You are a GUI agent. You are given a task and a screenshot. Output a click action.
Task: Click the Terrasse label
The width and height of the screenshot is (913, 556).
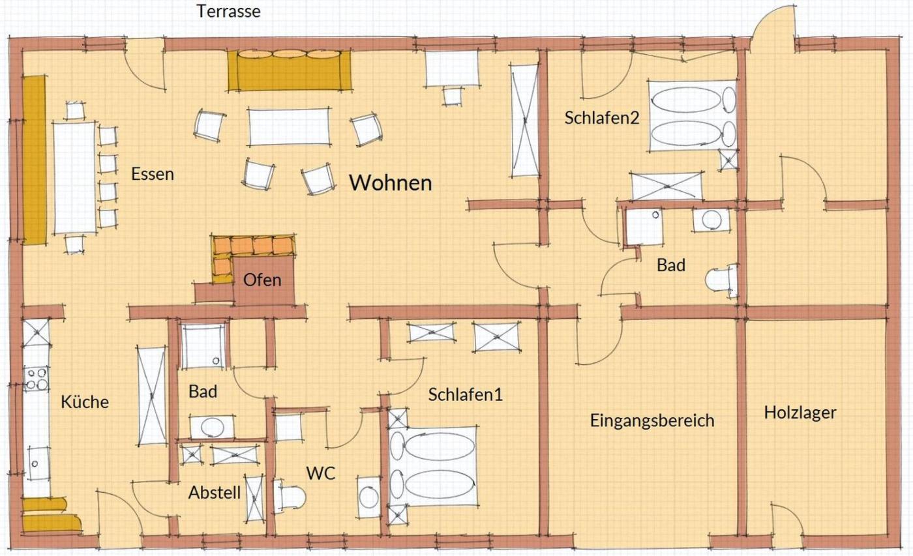[x=229, y=11]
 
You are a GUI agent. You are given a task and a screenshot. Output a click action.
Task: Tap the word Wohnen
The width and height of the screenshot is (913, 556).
[x=391, y=183]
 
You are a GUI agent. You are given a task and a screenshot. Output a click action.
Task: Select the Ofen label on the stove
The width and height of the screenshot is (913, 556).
[x=262, y=280]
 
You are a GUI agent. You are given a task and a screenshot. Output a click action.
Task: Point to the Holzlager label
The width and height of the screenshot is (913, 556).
[x=800, y=412]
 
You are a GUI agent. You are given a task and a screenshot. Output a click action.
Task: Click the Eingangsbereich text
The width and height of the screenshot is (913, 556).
[x=652, y=421]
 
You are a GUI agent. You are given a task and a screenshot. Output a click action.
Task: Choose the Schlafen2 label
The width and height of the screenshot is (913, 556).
[x=601, y=118]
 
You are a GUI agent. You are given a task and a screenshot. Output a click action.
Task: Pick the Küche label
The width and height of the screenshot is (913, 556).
[x=85, y=402]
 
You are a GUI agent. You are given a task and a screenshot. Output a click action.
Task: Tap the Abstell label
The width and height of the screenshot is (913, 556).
[x=215, y=493]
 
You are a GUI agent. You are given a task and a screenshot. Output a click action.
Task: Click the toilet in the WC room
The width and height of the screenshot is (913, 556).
[x=290, y=496]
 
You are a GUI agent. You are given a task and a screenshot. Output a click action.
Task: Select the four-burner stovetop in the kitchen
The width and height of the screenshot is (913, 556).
[x=37, y=379]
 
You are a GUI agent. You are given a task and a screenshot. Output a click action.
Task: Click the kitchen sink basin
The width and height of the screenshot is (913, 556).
[x=38, y=463]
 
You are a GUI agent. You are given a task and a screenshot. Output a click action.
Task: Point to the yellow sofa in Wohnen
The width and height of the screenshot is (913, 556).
[x=289, y=70]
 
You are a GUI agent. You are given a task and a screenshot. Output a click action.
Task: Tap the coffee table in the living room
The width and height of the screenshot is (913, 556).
[x=288, y=126]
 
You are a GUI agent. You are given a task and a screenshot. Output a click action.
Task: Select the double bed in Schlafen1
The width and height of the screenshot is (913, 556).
[x=433, y=466]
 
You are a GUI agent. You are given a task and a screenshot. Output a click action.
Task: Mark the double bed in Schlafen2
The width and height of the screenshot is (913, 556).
[x=692, y=115]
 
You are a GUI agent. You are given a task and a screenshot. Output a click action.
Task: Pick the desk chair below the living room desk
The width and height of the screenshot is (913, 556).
[x=452, y=96]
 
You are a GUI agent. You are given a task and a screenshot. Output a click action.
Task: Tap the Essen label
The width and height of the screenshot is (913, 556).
[x=153, y=174]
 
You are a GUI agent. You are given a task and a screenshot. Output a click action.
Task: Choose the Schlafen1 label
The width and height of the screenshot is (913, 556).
[x=466, y=394]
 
